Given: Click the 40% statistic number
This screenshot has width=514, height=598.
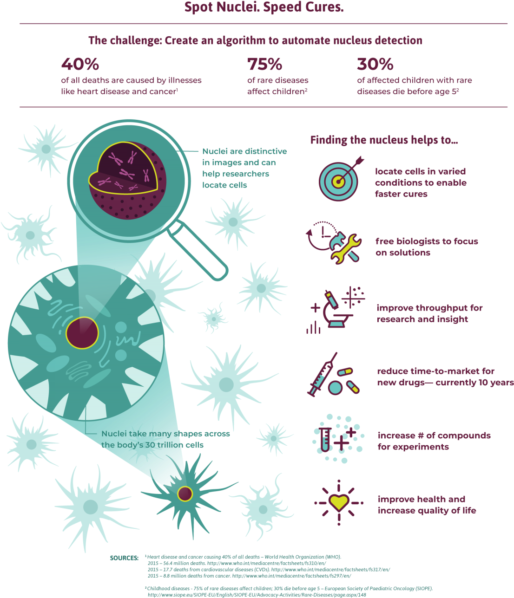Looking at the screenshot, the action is coord(80,64).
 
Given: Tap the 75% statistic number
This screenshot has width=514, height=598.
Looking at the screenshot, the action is coord(264,64).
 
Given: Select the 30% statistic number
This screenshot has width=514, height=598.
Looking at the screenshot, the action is coord(375,64).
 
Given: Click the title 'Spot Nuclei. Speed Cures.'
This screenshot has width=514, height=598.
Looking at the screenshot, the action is coord(264,7).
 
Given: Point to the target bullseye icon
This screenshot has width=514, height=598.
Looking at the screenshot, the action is coord(338,182).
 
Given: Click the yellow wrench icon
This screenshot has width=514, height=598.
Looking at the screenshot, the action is coord(346,249).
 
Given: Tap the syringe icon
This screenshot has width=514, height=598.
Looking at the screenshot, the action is coord(322,374).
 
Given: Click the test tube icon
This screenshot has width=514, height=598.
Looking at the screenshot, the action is coord(324,440).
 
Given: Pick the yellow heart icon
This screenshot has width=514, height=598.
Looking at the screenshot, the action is coord(339,502).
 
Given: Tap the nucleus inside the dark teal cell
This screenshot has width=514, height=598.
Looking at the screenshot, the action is coord(185,494).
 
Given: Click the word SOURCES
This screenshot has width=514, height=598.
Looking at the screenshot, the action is coord(124,558).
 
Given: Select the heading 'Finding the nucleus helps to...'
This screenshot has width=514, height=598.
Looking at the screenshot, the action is coord(384,140).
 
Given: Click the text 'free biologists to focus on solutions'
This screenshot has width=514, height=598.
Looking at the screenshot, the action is coord(427,247).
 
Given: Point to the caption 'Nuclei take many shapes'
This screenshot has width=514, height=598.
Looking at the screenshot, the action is coord(165,434).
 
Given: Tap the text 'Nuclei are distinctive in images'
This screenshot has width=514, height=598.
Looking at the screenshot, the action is coord(244,157).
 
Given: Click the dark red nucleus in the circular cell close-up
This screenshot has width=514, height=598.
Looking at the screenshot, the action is coord(82,333).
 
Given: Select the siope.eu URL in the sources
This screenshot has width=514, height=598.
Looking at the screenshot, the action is coord(257,595).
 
